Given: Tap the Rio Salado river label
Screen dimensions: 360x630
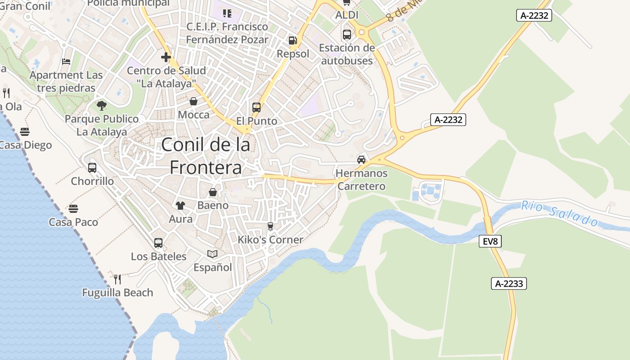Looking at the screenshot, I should (560, 213).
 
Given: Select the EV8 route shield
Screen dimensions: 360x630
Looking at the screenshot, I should (490, 241).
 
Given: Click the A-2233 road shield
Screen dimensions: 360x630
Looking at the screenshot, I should (508, 283).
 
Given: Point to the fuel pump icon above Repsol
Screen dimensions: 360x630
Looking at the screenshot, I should (292, 40).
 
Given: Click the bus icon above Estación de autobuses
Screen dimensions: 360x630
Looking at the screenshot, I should (346, 35).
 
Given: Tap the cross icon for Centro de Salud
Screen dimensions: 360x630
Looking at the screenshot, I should (166, 57).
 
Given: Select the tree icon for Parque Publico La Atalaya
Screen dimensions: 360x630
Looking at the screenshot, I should (102, 106).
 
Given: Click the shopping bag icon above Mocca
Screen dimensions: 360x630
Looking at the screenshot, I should (193, 101).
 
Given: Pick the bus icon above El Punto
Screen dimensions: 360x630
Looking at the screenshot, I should (256, 108).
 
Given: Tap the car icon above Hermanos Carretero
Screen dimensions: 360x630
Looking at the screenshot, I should (361, 159).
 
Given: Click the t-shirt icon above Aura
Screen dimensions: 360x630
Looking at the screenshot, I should (180, 206).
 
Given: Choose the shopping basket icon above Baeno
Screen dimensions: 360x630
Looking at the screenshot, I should (213, 192).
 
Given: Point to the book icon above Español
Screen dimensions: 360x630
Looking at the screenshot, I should (212, 254).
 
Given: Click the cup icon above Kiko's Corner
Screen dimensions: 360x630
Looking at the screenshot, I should (270, 226).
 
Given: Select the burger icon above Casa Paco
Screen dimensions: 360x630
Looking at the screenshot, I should (73, 209).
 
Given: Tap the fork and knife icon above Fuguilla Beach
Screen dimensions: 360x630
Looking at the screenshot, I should (117, 279).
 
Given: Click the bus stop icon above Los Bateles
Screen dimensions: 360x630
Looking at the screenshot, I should (158, 243).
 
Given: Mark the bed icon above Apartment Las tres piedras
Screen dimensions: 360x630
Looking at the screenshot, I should (66, 62).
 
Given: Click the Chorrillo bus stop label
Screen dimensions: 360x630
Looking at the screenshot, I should (92, 181).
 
